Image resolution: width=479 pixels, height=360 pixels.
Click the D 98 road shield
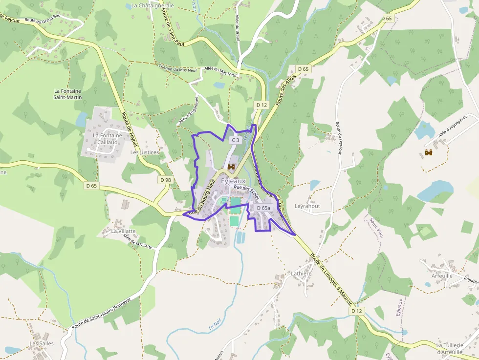[166, 180]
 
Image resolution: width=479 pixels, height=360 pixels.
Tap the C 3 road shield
[235, 140]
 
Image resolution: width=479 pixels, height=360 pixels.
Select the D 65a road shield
[263, 208]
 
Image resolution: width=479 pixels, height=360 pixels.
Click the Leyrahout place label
[307, 206]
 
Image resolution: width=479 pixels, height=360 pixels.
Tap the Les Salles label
[42, 343]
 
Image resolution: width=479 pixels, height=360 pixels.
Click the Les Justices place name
[145, 152]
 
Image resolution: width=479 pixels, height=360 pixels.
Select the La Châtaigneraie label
[152, 6]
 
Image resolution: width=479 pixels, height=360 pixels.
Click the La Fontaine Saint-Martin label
[67, 94]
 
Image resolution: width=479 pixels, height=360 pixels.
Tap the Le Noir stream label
[216, 325]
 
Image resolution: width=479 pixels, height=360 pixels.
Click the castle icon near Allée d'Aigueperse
[429, 153]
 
